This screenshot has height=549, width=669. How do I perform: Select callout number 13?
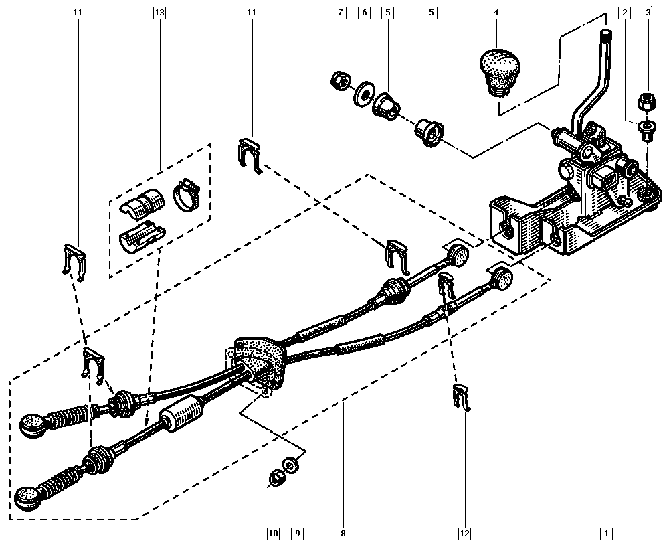(159, 13)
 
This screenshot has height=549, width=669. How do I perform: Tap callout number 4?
(496, 13)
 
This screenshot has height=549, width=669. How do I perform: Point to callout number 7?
(340, 13)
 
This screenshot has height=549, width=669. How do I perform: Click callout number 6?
(364, 13)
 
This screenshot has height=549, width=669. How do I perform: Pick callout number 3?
(648, 13)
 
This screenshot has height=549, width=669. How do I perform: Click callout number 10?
(273, 534)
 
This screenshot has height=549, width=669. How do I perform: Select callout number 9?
(297, 534)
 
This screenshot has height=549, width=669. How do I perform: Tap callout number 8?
(343, 534)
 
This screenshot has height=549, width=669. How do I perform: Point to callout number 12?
(464, 534)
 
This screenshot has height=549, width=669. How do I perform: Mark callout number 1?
(606, 534)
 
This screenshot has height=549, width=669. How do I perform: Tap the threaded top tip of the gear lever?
(606, 35)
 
